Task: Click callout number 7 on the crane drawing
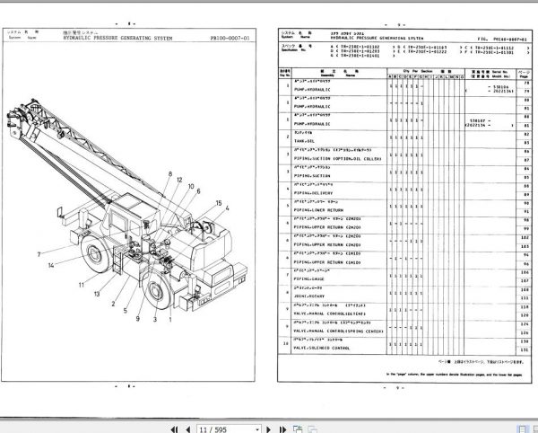click(39, 255)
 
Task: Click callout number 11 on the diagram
click(83, 284)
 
